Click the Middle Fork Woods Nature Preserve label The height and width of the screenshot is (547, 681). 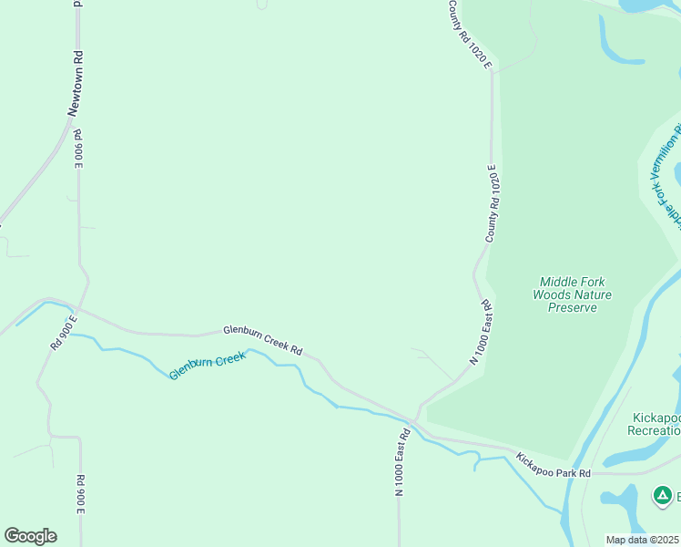572,294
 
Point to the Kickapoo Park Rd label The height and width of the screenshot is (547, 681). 554,465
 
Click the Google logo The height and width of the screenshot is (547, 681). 30,535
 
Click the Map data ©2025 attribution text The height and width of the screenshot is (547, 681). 643,540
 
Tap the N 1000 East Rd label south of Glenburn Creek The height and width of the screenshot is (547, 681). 401,461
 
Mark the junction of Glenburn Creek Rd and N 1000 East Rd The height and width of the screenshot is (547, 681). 416,422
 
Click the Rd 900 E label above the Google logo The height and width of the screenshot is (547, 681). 80,494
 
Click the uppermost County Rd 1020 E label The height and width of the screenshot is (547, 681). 470,35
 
